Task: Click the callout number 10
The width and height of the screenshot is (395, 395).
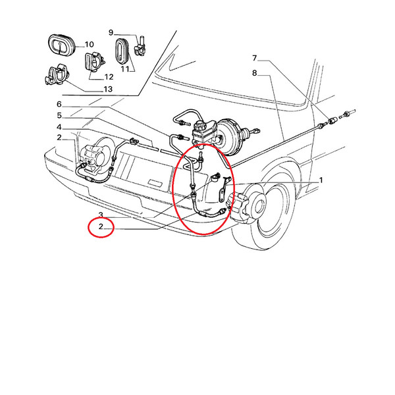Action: point(89,45)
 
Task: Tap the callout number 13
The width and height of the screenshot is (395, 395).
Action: point(108,89)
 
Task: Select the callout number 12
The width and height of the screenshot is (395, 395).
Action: point(109,77)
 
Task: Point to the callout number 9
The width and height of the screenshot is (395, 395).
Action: point(111,32)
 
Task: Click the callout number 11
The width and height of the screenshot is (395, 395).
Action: point(125,68)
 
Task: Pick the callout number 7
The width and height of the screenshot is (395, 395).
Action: point(254,58)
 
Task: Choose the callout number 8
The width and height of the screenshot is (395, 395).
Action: point(254,73)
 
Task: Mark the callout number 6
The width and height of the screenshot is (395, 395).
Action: point(59,104)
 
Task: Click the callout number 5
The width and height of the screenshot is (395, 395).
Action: point(59,116)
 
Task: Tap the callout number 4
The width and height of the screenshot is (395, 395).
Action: point(59,127)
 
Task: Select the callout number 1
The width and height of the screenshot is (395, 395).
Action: point(321,180)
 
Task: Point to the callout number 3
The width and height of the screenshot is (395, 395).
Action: point(101,215)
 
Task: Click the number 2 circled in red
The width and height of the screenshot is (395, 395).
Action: point(101,226)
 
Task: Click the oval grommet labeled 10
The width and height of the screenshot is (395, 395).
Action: point(61,45)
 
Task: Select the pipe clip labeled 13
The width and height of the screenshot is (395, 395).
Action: point(57,74)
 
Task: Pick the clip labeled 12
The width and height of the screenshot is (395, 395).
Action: point(93,62)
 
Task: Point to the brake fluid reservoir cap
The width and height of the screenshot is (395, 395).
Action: point(199,124)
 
